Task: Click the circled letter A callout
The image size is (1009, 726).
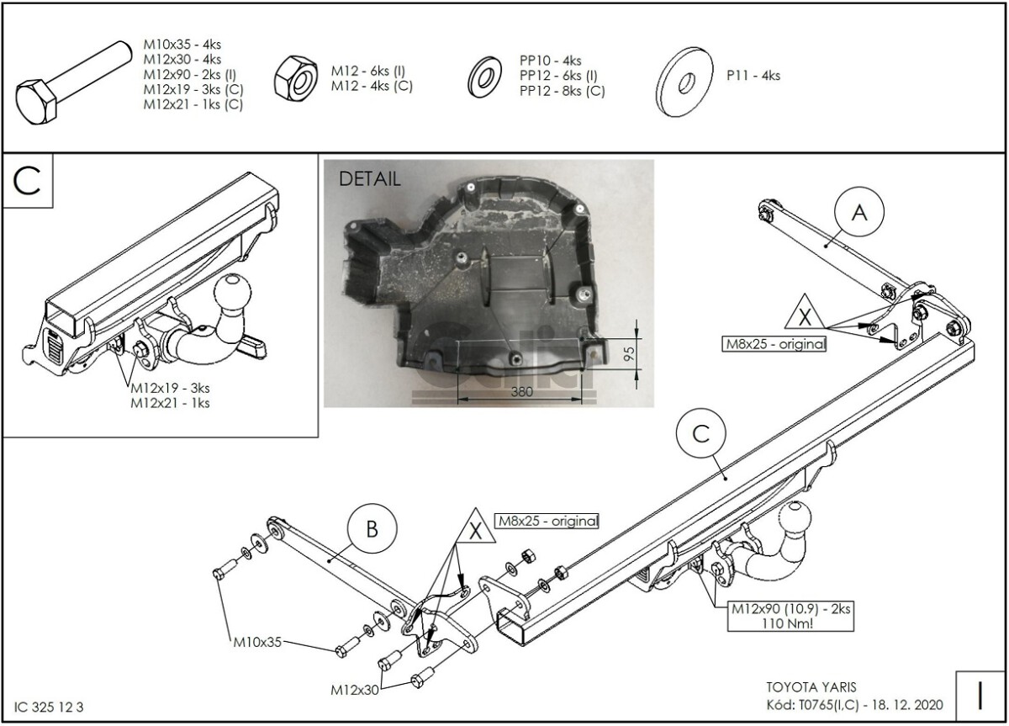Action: pos(858,213)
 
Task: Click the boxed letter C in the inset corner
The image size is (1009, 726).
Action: pos(28,181)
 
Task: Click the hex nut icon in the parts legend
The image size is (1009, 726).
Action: pos(296,77)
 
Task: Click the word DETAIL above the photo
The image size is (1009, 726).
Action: pos(369,178)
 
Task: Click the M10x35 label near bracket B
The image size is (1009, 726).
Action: pos(257,644)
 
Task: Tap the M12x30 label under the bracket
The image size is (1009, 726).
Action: pos(355,690)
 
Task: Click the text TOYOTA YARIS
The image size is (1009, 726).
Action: pos(807,686)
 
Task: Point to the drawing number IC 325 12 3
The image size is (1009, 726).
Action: pos(50,707)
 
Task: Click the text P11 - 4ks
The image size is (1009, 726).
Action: pos(753,76)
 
